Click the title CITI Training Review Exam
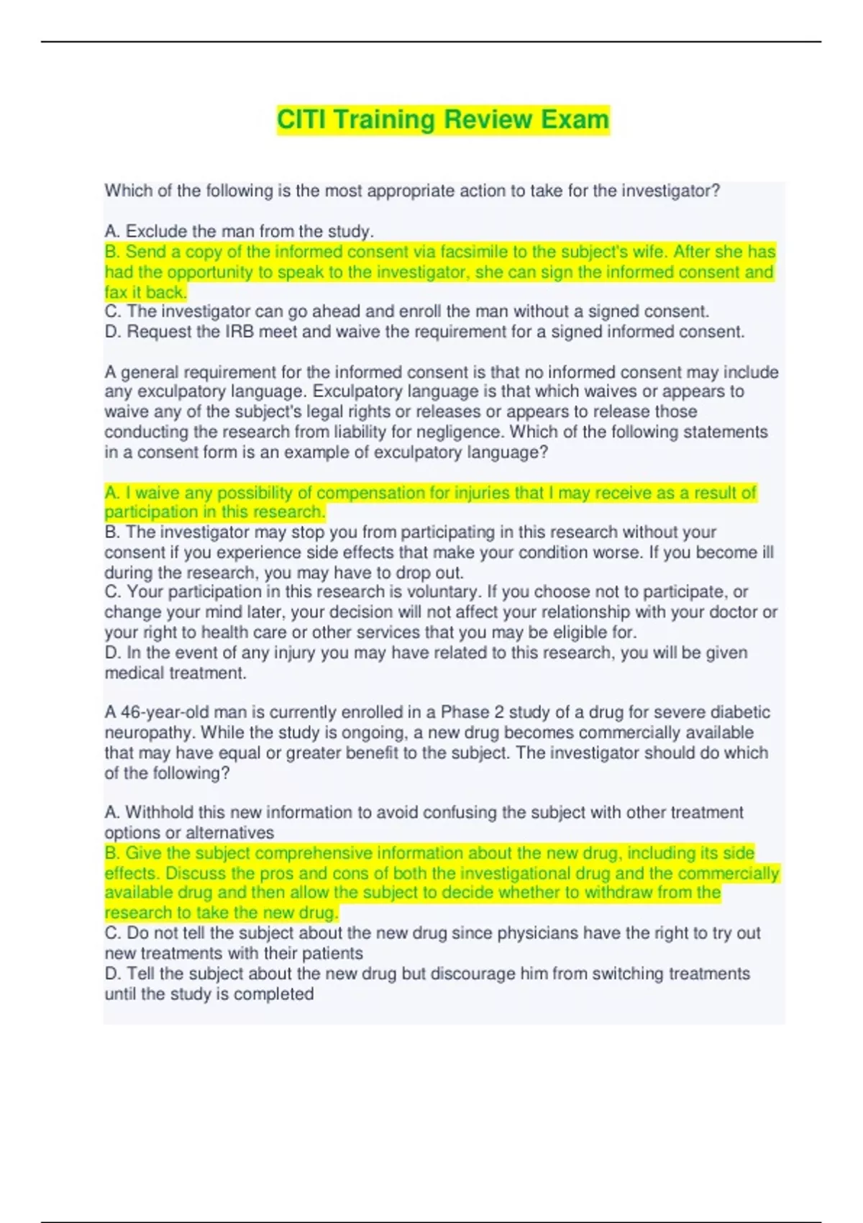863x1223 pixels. [x=443, y=119]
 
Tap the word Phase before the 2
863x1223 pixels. [x=465, y=712]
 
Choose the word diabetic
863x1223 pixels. [x=740, y=712]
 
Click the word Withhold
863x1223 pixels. [x=159, y=812]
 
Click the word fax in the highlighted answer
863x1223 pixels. [x=116, y=292]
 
